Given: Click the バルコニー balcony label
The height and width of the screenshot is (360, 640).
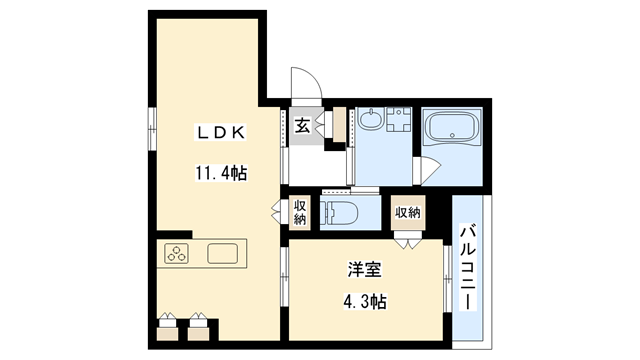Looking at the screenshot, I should [467, 268].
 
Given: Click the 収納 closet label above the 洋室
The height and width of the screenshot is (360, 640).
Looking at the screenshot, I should [407, 212].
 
